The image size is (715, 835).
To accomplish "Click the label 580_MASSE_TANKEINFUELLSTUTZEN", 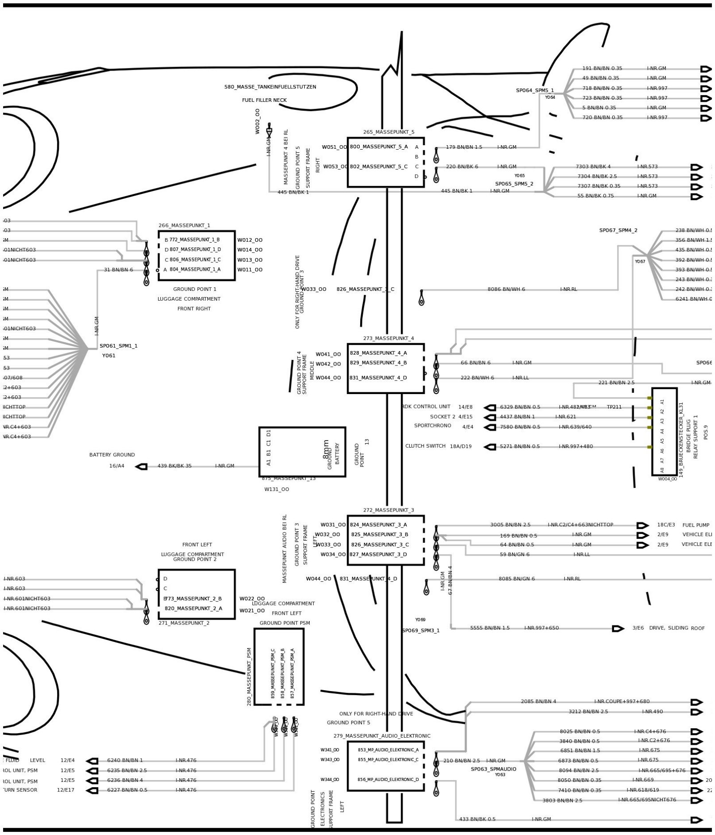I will (x=270, y=87).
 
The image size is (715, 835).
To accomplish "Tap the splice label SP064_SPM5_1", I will (x=534, y=90).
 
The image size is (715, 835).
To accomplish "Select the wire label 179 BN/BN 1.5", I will (x=464, y=147).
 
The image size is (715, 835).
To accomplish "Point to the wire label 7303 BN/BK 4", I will (x=593, y=167).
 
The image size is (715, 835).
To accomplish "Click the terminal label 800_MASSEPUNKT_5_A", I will (x=379, y=147).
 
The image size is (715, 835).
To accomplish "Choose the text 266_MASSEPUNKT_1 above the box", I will (x=184, y=226).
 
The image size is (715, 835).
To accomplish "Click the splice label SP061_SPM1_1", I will (x=118, y=346).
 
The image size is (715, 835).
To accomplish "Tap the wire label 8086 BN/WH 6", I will (x=506, y=289).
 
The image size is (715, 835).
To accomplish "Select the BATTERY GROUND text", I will (x=112, y=455).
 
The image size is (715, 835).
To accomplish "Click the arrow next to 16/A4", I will (x=142, y=466).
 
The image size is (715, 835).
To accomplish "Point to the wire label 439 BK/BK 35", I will (x=174, y=466).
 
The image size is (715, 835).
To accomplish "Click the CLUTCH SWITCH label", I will (x=425, y=446).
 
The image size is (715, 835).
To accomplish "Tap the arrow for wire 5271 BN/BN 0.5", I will (x=490, y=447).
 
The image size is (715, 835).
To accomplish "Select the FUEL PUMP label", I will (x=696, y=525).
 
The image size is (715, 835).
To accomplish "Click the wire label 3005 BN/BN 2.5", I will (x=510, y=525).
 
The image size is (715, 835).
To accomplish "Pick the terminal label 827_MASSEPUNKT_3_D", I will (x=379, y=554).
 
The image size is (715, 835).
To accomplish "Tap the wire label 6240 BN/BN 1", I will (x=125, y=760).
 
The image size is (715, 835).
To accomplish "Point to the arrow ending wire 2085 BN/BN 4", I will (x=696, y=702).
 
